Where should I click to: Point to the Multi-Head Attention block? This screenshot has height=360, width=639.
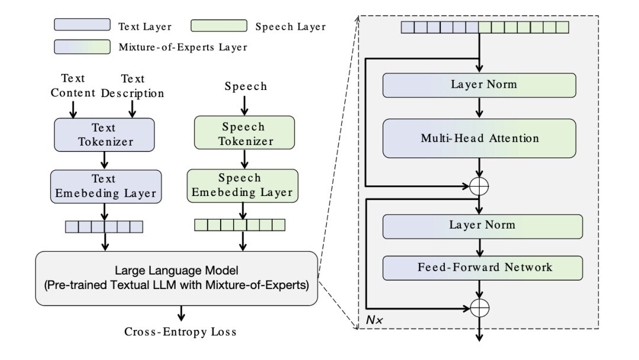479,138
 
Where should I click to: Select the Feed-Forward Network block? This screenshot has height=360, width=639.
483,267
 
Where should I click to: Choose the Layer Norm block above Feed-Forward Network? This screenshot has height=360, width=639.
483,226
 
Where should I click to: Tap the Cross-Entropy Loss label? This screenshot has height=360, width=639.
180,332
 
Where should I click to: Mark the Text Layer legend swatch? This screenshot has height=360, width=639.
83,25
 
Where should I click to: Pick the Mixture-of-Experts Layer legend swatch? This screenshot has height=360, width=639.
83,46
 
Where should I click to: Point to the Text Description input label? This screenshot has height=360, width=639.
133,86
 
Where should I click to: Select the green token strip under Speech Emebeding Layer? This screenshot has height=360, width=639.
239,224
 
